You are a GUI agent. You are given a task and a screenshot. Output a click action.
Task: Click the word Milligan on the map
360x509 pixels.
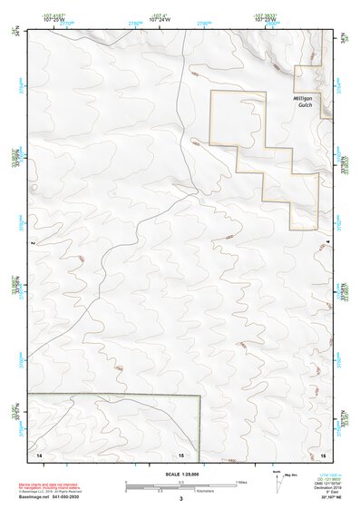(x=303, y=97)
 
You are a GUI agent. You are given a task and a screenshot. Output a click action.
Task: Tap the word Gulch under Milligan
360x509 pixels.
(x=304, y=105)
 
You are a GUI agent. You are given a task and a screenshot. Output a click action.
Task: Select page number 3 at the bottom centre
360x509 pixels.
(x=181, y=498)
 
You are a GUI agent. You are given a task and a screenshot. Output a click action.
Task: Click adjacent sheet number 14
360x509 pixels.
(x=39, y=453)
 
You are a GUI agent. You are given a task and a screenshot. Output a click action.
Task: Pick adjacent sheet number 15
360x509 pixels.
(x=180, y=453)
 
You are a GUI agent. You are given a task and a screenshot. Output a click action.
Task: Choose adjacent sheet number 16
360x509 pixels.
(x=323, y=453)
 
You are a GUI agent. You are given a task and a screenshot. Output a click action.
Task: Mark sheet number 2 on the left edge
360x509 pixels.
(x=32, y=243)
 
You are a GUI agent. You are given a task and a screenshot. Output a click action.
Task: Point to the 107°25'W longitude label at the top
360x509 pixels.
(x=52, y=19)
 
